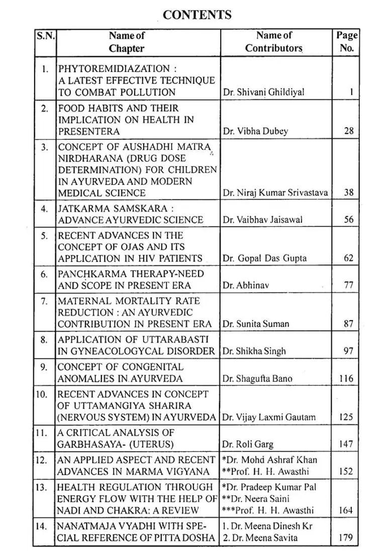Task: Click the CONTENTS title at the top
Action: pyautogui.click(x=197, y=15)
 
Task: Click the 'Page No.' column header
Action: pyautogui.click(x=347, y=42)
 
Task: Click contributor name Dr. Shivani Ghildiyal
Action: pyautogui.click(x=263, y=92)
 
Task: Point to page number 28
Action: pyautogui.click(x=349, y=131)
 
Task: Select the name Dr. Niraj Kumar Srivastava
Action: pyautogui.click(x=275, y=193)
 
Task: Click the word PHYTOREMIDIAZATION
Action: pyautogui.click(x=114, y=68)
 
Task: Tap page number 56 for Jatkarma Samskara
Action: pyautogui.click(x=349, y=220)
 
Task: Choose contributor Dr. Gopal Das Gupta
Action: pyautogui.click(x=264, y=258)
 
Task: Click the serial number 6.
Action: pyautogui.click(x=44, y=274)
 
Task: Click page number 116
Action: pyautogui.click(x=346, y=379)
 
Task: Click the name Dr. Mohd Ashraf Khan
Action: pyautogui.click(x=271, y=459)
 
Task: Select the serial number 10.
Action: pyautogui.click(x=42, y=394)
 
